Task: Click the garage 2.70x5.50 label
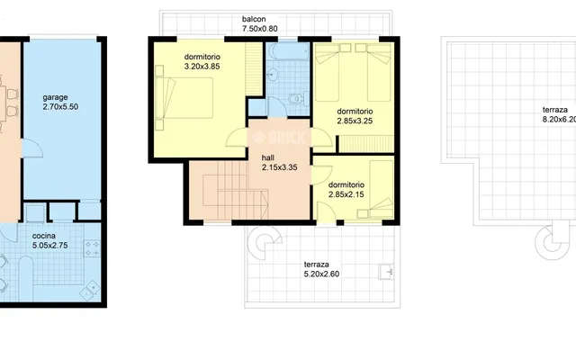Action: click(x=60, y=102)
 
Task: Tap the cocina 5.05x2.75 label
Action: click(x=50, y=240)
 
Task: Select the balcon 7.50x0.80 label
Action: click(x=260, y=24)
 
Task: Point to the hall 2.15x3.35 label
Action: click(x=279, y=163)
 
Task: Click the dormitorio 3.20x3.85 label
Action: click(x=202, y=62)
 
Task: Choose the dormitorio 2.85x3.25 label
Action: click(x=355, y=116)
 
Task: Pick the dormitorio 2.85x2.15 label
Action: click(x=346, y=190)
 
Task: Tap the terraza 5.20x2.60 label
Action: click(x=321, y=269)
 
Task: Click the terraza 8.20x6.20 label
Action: click(x=559, y=114)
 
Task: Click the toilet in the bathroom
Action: click(x=296, y=99)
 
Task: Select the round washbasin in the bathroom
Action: click(x=272, y=74)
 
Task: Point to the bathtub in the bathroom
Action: click(x=288, y=51)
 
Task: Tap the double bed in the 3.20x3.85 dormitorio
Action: click(x=184, y=98)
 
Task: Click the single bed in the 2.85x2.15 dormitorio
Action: click(x=382, y=189)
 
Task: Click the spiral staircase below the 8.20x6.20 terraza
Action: click(x=552, y=241)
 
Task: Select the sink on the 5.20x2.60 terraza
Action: click(x=386, y=272)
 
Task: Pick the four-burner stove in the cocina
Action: click(x=92, y=248)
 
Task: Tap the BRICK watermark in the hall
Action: click(x=279, y=138)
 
